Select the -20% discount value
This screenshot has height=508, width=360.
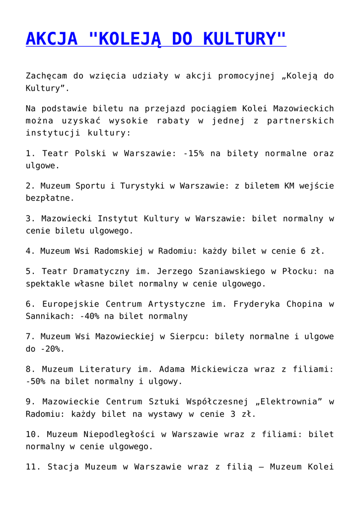pyautogui.click(x=53, y=349)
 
